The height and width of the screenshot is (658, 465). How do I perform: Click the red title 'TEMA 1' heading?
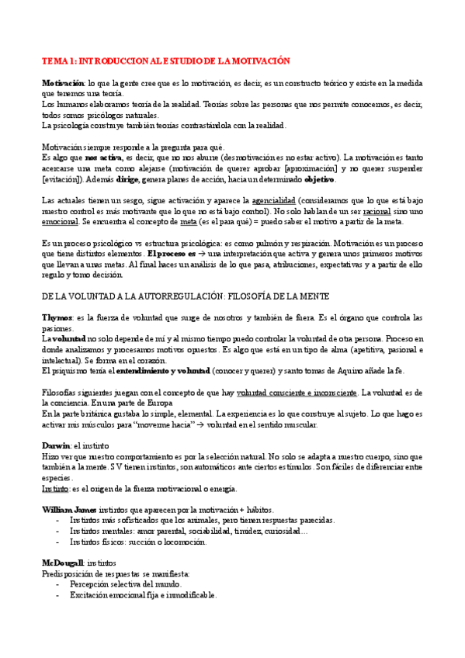point(165,61)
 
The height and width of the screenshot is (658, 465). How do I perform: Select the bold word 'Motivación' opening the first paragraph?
point(62,82)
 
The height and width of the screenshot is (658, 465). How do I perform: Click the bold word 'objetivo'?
point(314,179)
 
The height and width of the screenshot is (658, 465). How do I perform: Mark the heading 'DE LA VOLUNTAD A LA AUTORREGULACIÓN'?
point(175,296)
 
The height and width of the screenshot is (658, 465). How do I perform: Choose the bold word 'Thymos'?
point(57,318)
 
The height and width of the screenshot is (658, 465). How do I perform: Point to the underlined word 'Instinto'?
point(54,489)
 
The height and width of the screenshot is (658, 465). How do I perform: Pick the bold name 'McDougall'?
point(62,563)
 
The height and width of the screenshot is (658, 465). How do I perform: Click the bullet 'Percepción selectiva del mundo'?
point(125,584)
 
